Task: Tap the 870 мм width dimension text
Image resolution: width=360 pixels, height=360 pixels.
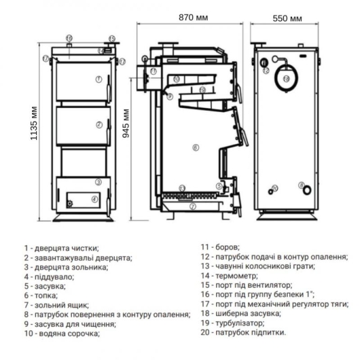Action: [193, 17]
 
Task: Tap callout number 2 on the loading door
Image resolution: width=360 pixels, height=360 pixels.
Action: [99, 124]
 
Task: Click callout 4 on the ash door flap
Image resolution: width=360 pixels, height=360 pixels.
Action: [94, 198]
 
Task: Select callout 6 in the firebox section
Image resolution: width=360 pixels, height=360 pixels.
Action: [195, 147]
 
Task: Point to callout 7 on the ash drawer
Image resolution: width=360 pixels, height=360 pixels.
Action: [192, 206]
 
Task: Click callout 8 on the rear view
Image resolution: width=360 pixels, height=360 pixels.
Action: [302, 185]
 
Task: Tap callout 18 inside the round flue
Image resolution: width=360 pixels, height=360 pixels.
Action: [286, 79]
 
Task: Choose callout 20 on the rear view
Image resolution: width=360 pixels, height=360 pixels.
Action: [274, 188]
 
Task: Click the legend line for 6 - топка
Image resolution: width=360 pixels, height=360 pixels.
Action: [41, 295]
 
